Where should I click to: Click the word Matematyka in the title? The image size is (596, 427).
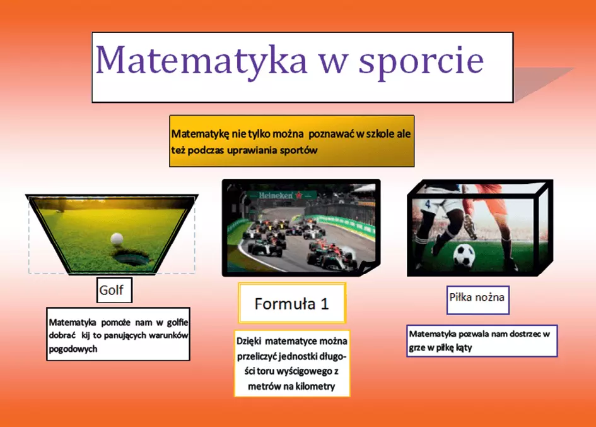[x=201, y=59]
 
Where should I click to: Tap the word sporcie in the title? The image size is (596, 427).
[x=421, y=63]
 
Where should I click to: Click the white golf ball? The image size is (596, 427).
[x=117, y=239]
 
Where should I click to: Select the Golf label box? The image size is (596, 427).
[x=114, y=290]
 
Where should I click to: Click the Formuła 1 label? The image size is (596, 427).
[x=292, y=303]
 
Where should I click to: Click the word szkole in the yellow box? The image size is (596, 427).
[x=381, y=134]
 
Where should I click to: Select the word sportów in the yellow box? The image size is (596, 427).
[x=299, y=150]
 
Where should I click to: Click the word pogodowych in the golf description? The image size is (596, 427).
[x=73, y=349]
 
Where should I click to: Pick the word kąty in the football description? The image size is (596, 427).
[x=464, y=347]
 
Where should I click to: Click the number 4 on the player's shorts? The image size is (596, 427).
[x=428, y=204]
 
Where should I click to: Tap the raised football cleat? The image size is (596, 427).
[x=470, y=227]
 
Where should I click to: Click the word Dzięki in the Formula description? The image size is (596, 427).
[x=249, y=341]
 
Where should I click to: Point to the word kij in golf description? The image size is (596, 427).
[x=86, y=335]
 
